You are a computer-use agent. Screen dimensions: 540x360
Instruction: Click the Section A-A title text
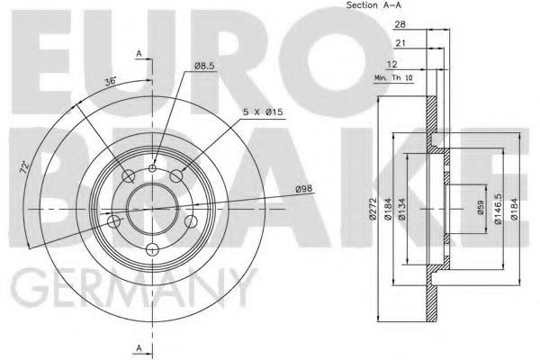coord(373,4)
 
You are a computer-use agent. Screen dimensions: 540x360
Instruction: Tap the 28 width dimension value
coord(400,24)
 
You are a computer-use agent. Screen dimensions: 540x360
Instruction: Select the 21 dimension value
coord(400,43)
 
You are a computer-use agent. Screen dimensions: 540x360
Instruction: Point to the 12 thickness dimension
coord(392,64)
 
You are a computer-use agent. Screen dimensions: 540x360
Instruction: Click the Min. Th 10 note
coord(393,78)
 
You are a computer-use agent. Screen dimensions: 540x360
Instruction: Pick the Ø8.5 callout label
coord(204,66)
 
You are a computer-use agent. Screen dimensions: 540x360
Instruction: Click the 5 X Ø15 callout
coord(263,112)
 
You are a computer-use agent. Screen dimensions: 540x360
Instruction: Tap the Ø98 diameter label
coord(304,188)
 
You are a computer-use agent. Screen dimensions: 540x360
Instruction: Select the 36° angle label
coord(111,81)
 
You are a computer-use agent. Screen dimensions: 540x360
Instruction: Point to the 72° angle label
coord(24,166)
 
